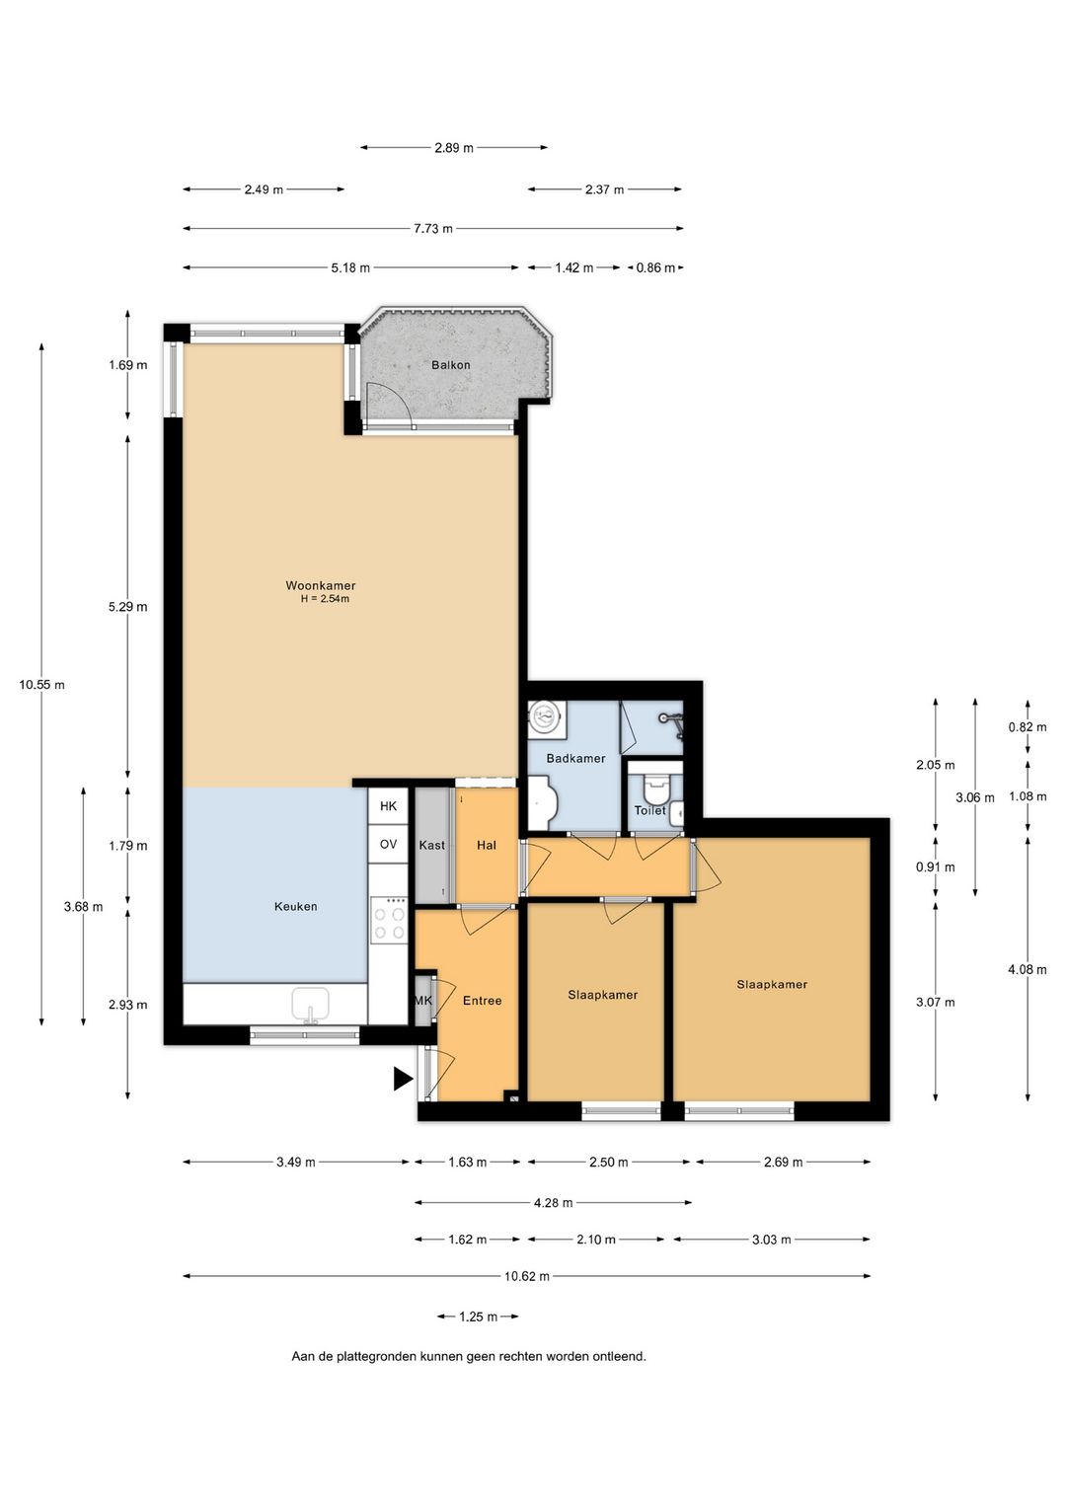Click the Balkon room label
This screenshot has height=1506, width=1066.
click(x=451, y=365)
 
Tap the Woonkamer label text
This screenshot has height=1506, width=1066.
click(x=320, y=585)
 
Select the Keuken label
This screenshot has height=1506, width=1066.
click(x=295, y=906)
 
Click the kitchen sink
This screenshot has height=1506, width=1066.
click(x=310, y=1005)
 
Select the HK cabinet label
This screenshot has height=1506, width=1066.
click(x=388, y=806)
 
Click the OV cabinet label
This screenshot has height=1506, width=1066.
click(x=388, y=845)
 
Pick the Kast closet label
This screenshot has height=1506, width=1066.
click(x=431, y=845)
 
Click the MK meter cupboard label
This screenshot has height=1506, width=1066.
click(x=423, y=1001)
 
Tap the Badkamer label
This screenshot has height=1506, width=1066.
click(x=575, y=758)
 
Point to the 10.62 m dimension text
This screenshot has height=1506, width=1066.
click(x=527, y=1276)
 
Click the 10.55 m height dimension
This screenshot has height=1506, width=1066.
click(x=41, y=685)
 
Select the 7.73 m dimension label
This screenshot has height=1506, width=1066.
click(x=433, y=229)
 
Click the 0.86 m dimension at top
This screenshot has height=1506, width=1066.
click(x=655, y=267)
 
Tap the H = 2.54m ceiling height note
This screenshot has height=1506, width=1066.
click(x=325, y=598)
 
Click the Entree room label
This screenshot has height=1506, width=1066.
click(x=483, y=1001)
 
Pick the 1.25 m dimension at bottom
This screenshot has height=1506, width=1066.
click(x=478, y=1317)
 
